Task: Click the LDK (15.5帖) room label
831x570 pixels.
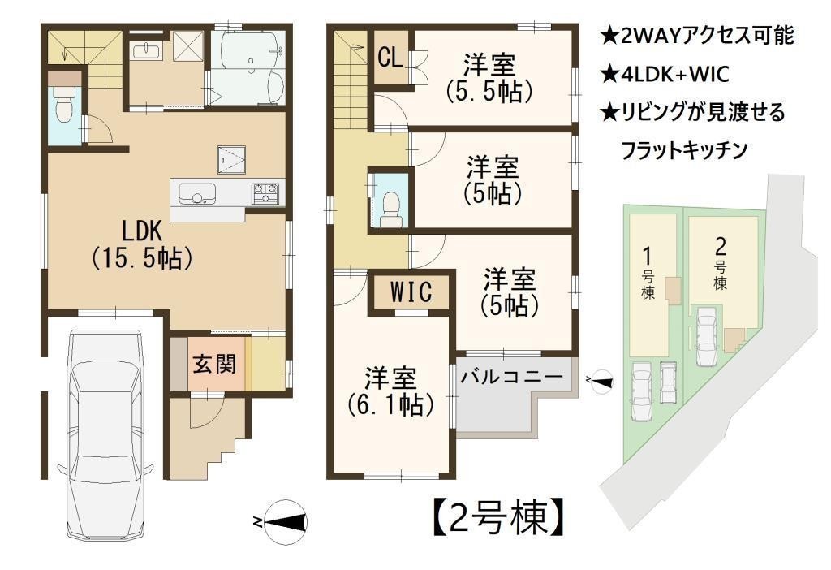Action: coord(142,245)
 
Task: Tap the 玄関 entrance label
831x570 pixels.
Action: coord(214,365)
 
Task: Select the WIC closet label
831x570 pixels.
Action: coord(411,291)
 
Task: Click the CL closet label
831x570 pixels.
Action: coord(390,58)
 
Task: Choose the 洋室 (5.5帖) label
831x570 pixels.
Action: coord(489,78)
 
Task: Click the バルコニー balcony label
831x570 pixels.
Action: coord(511,377)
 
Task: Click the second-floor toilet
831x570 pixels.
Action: coord(391,208)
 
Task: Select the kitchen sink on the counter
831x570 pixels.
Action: coord(197,194)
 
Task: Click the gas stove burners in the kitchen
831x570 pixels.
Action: coord(265,193)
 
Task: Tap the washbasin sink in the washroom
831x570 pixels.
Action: coord(146,51)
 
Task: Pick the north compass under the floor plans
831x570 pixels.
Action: coord(283,522)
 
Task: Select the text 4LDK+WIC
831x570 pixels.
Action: coord(665,74)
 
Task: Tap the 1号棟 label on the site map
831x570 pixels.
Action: coord(648,274)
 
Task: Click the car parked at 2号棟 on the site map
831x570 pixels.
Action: coord(706,336)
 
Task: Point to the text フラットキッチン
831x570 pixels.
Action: coord(683,150)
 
